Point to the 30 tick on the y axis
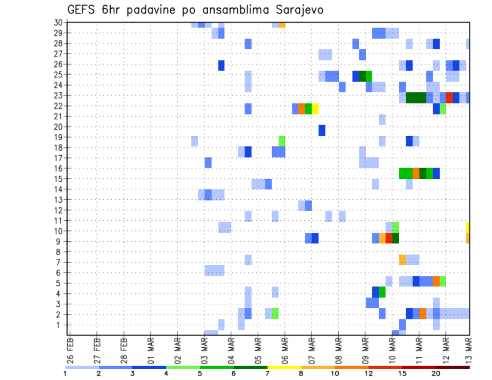[x=58, y=22]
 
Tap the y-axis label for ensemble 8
[x=60, y=251]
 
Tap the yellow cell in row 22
[x=315, y=109]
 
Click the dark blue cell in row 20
[x=322, y=130]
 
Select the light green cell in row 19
[x=282, y=141]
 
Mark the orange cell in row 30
[x=282, y=24]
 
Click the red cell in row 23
[x=449, y=97]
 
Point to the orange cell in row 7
[x=402, y=260]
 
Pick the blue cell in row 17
[x=208, y=162]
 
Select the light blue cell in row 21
[x=382, y=119]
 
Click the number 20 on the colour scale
[x=436, y=373]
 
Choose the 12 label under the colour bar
[x=368, y=373]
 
